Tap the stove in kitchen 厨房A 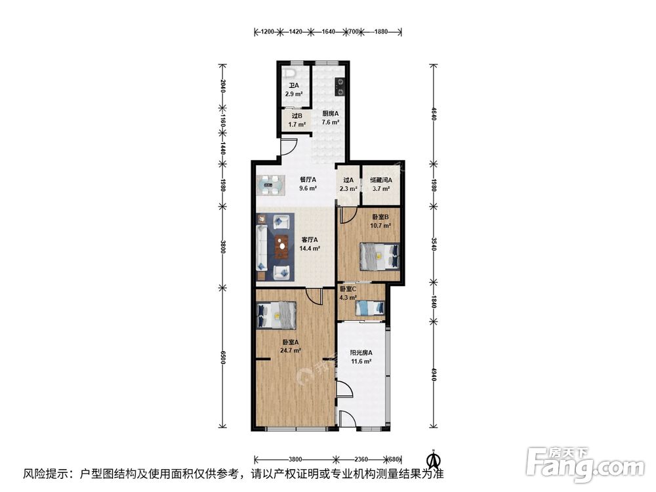(340, 87)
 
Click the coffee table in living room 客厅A (282, 245)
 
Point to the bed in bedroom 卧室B (379, 256)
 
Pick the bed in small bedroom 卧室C (370, 308)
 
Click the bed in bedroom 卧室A (277, 315)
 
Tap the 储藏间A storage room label (381, 180)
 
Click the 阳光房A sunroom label (361, 353)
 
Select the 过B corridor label (297, 116)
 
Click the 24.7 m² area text (291, 350)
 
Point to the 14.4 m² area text (310, 249)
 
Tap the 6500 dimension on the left (223, 358)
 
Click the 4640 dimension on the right (433, 113)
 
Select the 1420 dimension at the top (295, 31)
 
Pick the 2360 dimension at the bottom (361, 459)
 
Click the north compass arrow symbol (434, 459)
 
